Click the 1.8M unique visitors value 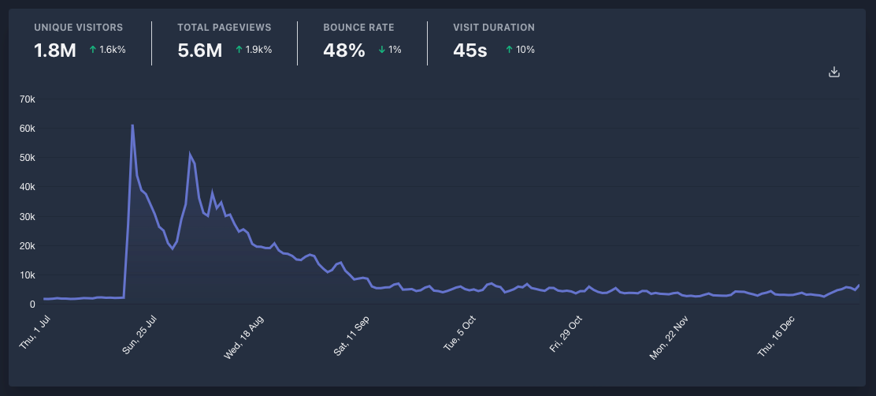point(55,50)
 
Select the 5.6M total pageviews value point(200,50)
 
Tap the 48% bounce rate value point(344,50)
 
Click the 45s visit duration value point(470,50)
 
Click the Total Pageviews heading point(225,28)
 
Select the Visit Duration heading point(494,28)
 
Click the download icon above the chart point(834,73)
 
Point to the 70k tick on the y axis point(28,99)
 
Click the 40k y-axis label point(28,187)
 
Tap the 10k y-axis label point(28,275)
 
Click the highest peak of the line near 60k point(132,125)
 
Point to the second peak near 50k point(190,155)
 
